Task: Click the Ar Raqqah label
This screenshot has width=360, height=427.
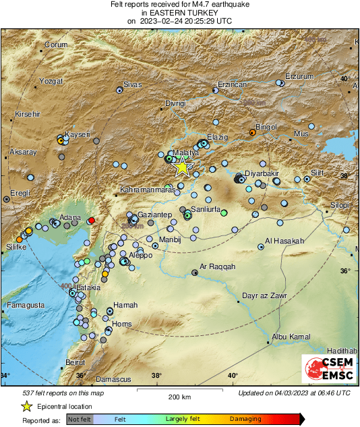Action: [x=218, y=267]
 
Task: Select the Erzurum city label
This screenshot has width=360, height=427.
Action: [x=299, y=76]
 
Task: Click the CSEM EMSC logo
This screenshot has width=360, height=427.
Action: [x=328, y=370]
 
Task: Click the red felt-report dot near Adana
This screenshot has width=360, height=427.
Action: [x=92, y=221]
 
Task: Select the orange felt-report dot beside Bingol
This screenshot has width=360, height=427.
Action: [x=252, y=132]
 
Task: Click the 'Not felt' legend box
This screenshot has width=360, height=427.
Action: [x=80, y=419]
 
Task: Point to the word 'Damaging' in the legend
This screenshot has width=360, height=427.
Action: [x=245, y=419]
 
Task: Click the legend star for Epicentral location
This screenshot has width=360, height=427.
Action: [x=26, y=406]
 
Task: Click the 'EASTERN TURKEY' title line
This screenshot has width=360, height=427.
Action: [x=179, y=13]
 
